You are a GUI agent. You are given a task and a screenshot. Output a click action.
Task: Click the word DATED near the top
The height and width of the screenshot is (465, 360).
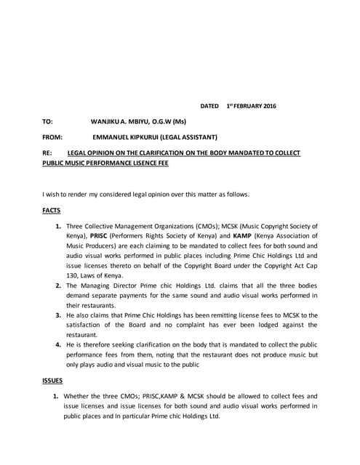click(x=209, y=106)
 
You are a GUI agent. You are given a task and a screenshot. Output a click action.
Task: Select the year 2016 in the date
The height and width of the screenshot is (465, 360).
click(x=268, y=106)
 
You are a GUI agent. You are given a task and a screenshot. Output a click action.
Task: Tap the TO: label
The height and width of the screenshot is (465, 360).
click(x=47, y=121)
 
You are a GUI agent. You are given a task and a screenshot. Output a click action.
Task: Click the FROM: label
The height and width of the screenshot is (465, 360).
click(x=52, y=137)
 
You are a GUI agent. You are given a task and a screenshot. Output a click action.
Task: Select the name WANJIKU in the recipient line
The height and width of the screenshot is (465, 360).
click(x=107, y=121)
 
